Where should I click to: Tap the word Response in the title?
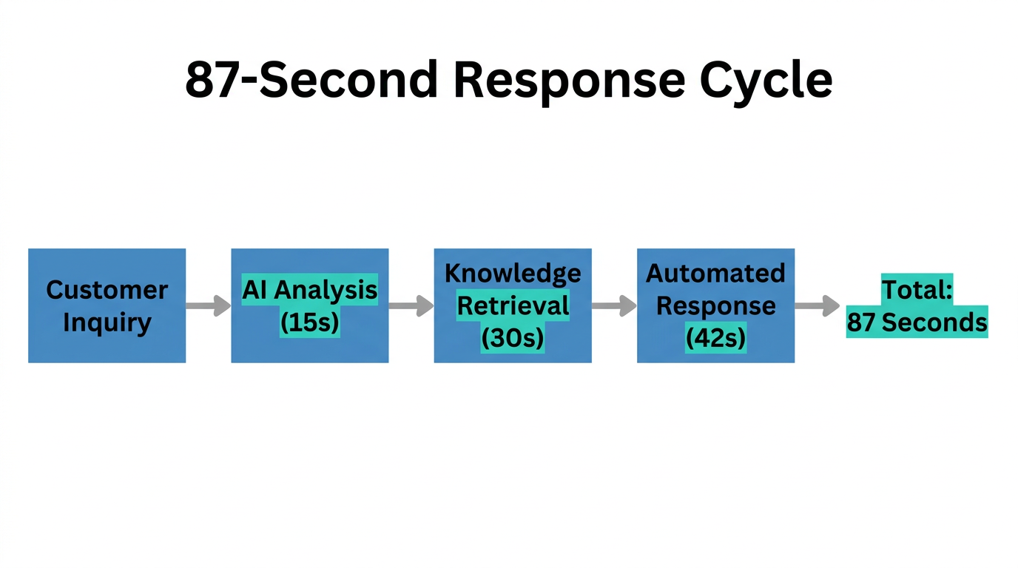(x=567, y=79)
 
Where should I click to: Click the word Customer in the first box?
(x=107, y=290)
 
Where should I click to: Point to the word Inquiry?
(x=107, y=322)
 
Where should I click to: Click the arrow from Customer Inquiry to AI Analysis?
(x=208, y=305)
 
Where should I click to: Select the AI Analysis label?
(x=309, y=290)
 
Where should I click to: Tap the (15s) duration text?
(x=309, y=322)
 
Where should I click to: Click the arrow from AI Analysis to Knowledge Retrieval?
(x=411, y=305)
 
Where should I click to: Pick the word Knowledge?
(x=513, y=274)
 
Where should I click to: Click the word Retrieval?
(x=513, y=305)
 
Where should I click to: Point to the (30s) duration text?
(x=513, y=338)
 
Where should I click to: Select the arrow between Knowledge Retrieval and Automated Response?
(x=613, y=305)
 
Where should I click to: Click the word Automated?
(x=715, y=274)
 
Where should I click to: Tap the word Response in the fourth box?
(x=715, y=305)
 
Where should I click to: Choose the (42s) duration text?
(x=715, y=338)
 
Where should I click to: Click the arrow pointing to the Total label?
(x=817, y=305)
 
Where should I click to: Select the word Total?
(x=917, y=290)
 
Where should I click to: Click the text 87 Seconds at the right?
(x=917, y=322)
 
